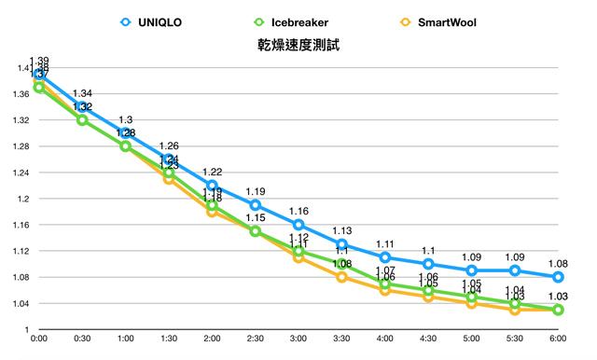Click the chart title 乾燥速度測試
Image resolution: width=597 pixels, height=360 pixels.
click(298, 45)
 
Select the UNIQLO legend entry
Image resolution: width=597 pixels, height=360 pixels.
click(161, 21)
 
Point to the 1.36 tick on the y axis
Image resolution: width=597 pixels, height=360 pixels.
click(19, 94)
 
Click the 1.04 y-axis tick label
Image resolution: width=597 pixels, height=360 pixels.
click(19, 304)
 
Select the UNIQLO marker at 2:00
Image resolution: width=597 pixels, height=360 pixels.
click(212, 186)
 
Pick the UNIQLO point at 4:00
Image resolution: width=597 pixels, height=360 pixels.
click(385, 257)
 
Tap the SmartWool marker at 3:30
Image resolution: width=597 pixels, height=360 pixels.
click(341, 277)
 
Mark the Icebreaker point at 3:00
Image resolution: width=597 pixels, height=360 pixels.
click(298, 251)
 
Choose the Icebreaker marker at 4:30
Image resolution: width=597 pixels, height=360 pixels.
click(428, 290)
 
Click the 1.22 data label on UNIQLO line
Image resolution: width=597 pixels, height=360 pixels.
click(212, 172)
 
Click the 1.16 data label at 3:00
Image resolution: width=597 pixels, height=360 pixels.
click(298, 211)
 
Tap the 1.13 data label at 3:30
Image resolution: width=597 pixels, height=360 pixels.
click(341, 230)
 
